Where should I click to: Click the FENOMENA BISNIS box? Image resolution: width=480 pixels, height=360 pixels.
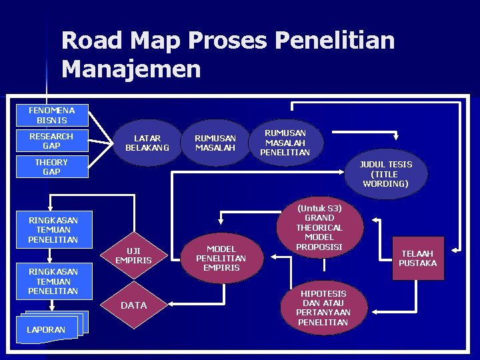(52, 115)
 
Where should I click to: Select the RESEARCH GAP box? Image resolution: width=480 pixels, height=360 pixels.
(52, 141)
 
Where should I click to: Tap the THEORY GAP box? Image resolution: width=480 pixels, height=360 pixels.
(52, 167)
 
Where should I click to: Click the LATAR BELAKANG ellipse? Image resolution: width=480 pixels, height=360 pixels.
(147, 143)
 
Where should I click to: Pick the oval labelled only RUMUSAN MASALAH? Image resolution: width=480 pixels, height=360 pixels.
(215, 143)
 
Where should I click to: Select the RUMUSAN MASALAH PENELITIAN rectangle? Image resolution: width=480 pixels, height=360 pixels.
(285, 143)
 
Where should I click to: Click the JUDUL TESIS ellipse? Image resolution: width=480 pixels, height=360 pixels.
(386, 173)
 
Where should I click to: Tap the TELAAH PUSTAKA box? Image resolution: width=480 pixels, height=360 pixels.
(417, 258)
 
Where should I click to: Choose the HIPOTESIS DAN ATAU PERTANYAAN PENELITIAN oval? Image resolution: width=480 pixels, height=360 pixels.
(323, 308)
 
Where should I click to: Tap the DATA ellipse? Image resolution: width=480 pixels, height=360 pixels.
(133, 305)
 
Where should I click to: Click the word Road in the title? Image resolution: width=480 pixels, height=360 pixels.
(93, 41)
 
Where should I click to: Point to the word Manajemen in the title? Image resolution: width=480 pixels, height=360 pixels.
(131, 69)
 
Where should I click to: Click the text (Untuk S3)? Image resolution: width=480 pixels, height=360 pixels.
(319, 208)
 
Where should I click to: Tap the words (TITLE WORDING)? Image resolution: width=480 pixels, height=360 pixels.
(386, 179)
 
